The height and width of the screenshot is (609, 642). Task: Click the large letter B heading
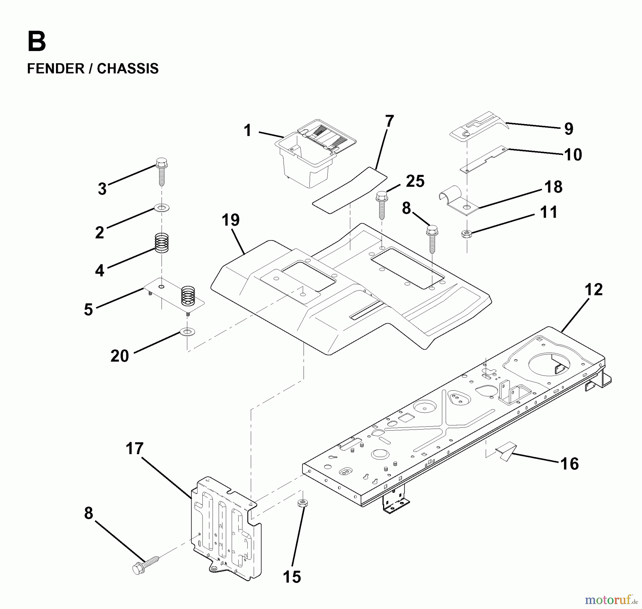click(x=36, y=42)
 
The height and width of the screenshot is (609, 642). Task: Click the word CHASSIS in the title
click(x=127, y=68)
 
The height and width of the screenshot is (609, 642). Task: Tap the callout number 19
click(x=230, y=220)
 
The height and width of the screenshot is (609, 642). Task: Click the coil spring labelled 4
click(x=162, y=243)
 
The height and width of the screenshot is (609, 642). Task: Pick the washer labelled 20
click(x=187, y=332)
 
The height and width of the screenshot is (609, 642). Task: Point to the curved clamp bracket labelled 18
click(x=457, y=202)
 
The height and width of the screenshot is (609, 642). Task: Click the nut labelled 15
click(x=303, y=503)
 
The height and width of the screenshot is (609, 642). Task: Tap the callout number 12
click(x=593, y=289)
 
